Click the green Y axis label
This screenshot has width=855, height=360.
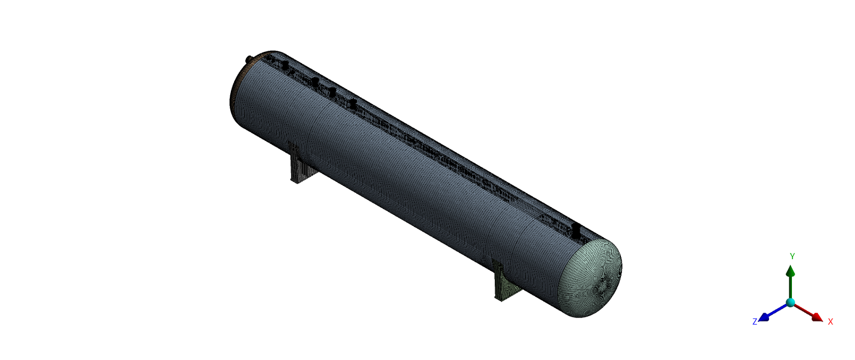(792, 256)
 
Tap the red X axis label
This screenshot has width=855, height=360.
(830, 322)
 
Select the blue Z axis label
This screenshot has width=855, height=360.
(755, 322)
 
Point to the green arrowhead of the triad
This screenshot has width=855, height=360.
(790, 271)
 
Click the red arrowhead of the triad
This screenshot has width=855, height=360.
(817, 317)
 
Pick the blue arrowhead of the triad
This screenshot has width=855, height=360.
(764, 317)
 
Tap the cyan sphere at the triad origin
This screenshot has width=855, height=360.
(790, 303)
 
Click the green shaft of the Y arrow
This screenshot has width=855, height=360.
(790, 287)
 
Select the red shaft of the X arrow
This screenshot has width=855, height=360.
(803, 310)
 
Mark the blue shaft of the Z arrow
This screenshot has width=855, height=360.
(778, 310)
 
